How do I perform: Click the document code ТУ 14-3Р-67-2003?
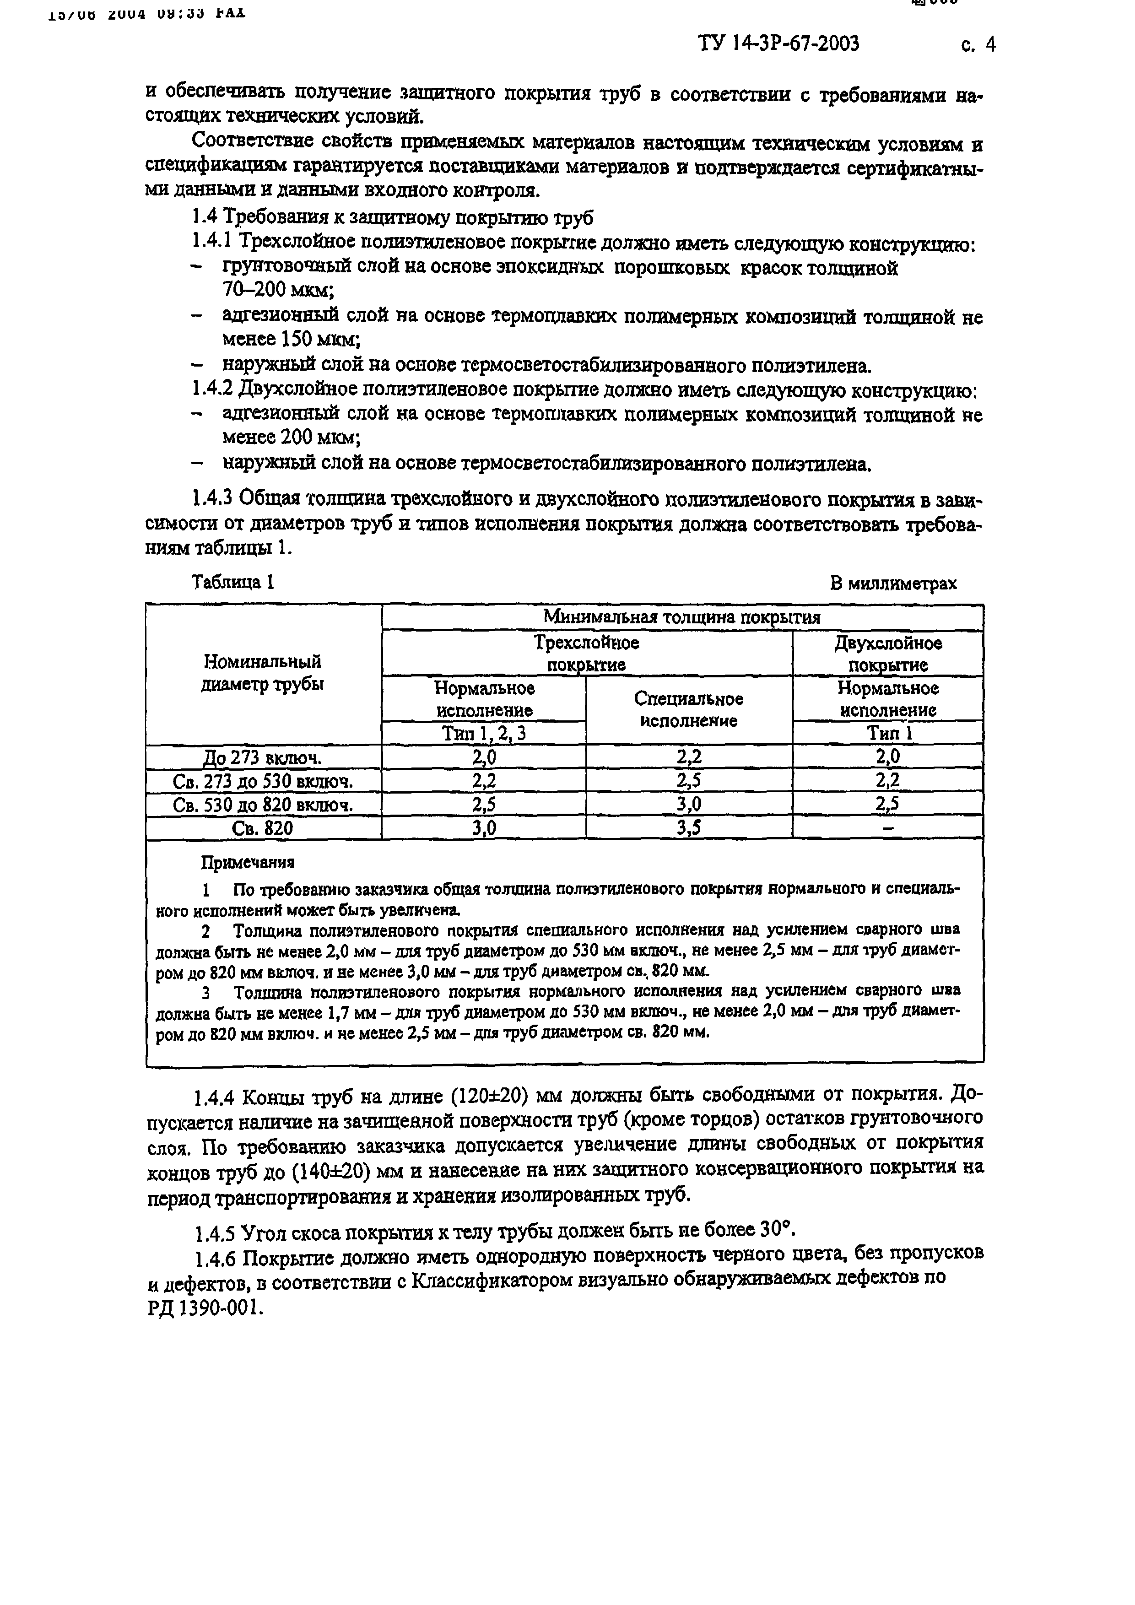(778, 44)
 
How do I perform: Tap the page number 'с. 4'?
(978, 45)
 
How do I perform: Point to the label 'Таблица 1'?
(232, 582)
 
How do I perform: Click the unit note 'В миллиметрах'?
(893, 583)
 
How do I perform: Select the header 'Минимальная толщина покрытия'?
(681, 616)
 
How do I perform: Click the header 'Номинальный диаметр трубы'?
(262, 672)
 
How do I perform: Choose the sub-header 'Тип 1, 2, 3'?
(484, 733)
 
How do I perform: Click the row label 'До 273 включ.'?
(263, 757)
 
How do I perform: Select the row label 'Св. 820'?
(263, 828)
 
